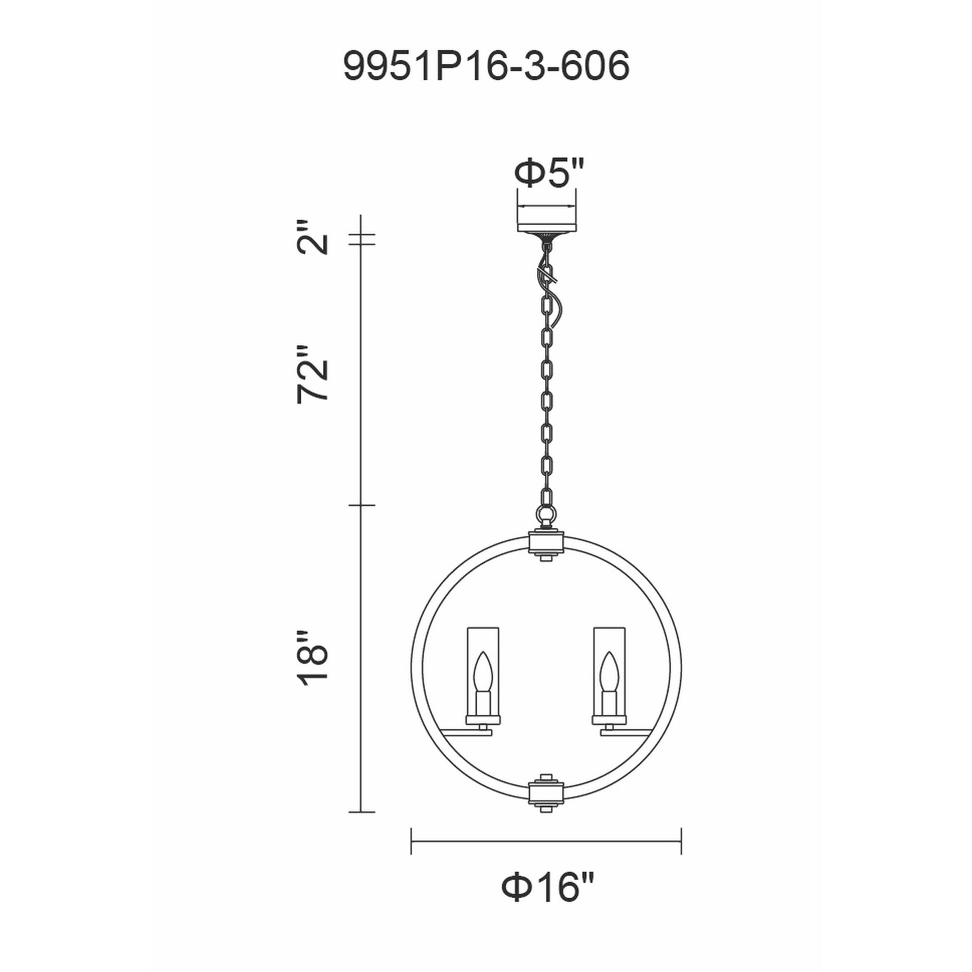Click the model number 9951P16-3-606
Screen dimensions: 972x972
pyautogui.click(x=486, y=66)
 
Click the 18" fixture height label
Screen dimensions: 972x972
pyautogui.click(x=312, y=659)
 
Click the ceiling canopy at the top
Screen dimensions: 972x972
pyautogui.click(x=546, y=225)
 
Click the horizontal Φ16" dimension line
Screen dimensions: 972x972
pyautogui.click(x=546, y=841)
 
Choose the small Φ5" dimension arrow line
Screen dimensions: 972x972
pyautogui.click(x=546, y=206)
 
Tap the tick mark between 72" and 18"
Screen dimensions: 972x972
pyautogui.click(x=362, y=505)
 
